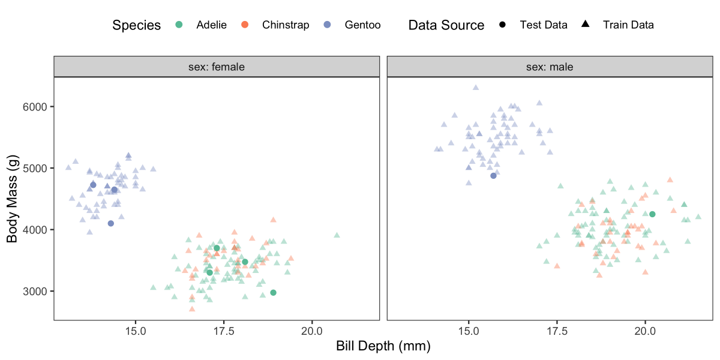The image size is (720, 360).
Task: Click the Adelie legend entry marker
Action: [x=179, y=25]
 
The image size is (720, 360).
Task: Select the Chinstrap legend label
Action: [x=286, y=25]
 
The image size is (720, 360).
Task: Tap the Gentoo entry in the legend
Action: [x=362, y=25]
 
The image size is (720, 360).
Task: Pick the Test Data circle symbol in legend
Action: [x=502, y=25]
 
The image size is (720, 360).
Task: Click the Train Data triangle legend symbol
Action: [x=585, y=25]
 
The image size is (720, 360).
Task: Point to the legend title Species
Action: [x=137, y=25]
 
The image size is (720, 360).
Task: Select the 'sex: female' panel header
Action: [x=217, y=67]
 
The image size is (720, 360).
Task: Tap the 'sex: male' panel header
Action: [x=550, y=67]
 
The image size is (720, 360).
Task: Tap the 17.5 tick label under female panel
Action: [x=223, y=330]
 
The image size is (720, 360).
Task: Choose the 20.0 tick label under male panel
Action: [x=645, y=330]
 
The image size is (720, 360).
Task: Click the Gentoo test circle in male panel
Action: [x=493, y=176]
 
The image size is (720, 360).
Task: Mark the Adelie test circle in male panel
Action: [x=652, y=214]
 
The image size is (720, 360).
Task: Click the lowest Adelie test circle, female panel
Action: [x=273, y=293]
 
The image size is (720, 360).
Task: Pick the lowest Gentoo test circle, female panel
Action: [x=110, y=223]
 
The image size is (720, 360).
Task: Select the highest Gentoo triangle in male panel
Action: [x=476, y=88]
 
